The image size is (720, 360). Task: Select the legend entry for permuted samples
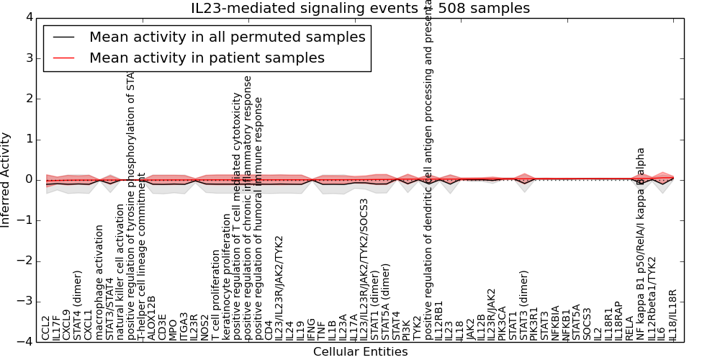pyautogui.click(x=227, y=37)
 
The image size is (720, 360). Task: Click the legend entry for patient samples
pyautogui.click(x=207, y=58)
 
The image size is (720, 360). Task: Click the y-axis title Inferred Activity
pyautogui.click(x=6, y=180)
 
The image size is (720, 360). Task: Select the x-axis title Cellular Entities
pyautogui.click(x=360, y=352)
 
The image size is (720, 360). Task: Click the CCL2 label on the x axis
pyautogui.click(x=46, y=328)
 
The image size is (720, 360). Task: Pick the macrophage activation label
pyautogui.click(x=99, y=282)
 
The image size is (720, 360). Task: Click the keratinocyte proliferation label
pyautogui.click(x=225, y=277)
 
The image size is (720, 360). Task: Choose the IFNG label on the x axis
pyautogui.click(x=310, y=328)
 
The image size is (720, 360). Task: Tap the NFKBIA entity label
pyautogui.click(x=555, y=321)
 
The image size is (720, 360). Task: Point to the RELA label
pyautogui.click(x=629, y=328)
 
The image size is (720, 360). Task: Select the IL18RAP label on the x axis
pyautogui.click(x=618, y=319)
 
